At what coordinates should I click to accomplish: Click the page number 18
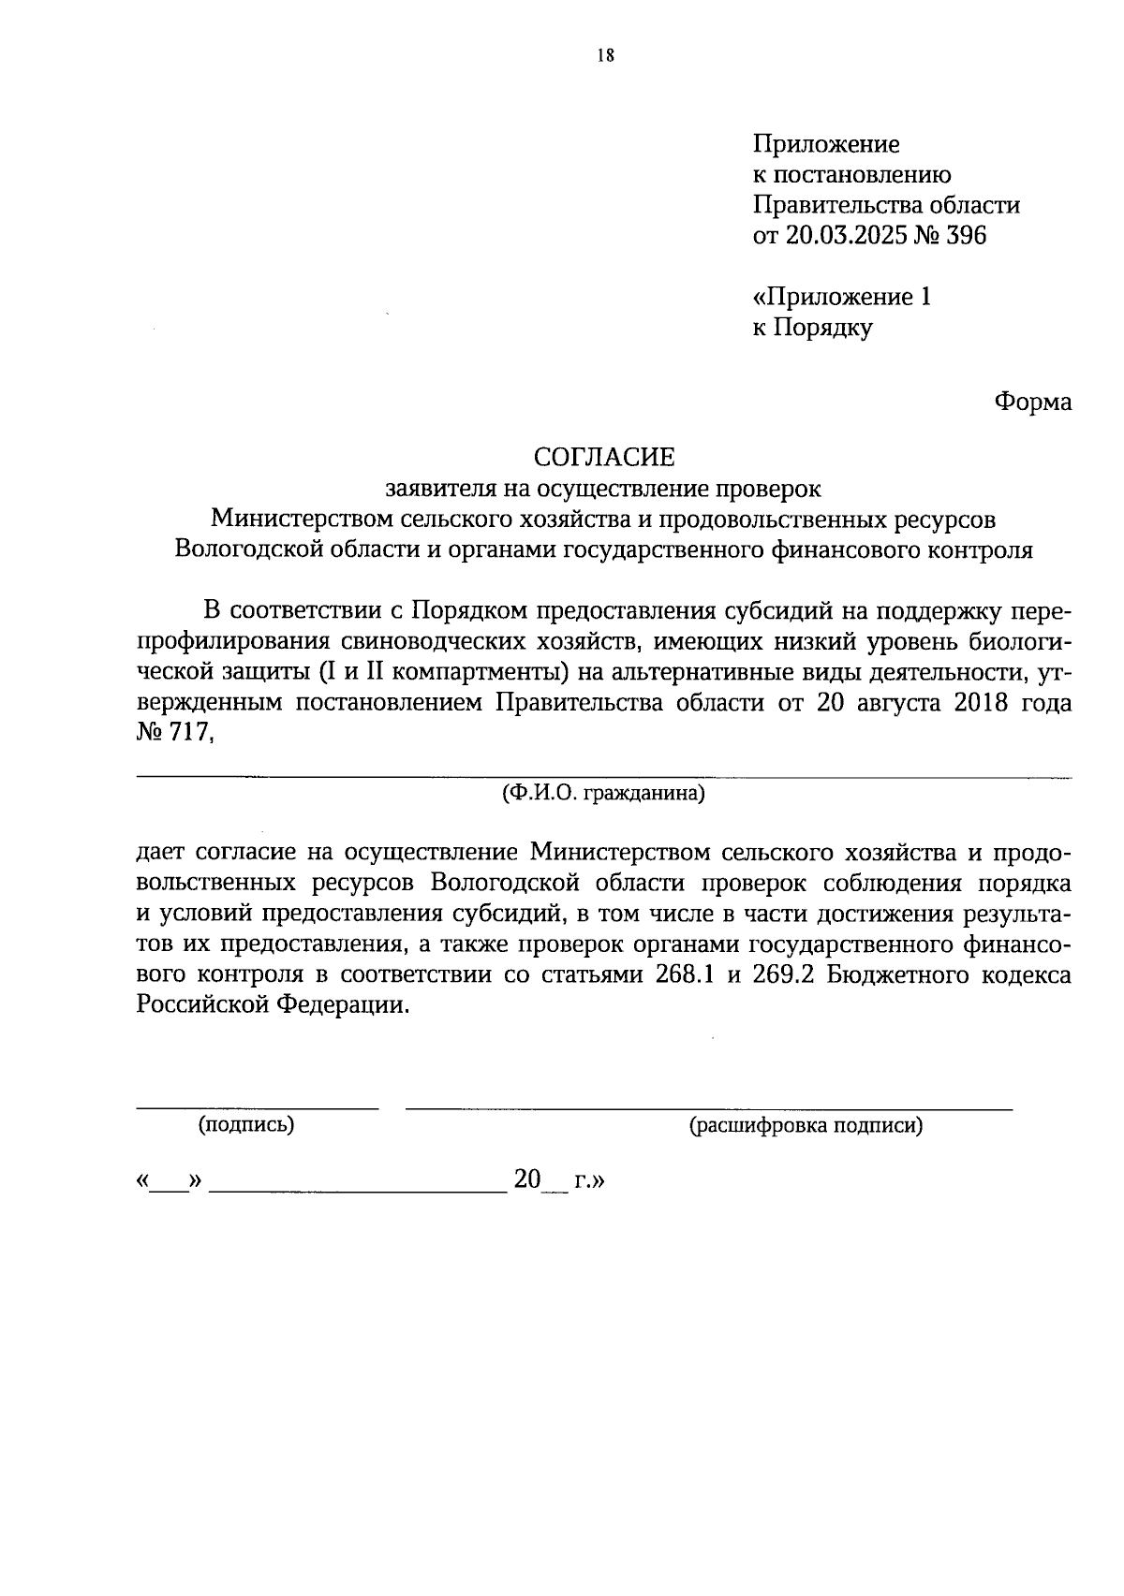pos(605,55)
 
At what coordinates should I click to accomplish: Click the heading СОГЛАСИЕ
pos(604,457)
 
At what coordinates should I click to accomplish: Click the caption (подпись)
pos(246,1125)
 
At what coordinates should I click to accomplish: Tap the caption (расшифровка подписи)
pos(806,1125)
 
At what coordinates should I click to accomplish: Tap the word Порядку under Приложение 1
pos(821,328)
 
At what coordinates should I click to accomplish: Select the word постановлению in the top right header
pos(860,174)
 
